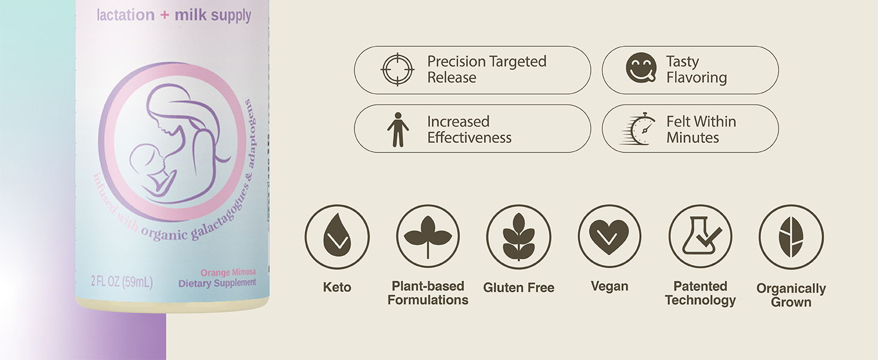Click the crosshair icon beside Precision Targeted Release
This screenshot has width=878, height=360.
point(397,70)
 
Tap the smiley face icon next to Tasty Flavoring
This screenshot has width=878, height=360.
point(641,68)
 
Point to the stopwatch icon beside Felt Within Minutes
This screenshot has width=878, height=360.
point(640,128)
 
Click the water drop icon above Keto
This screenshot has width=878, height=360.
point(336,236)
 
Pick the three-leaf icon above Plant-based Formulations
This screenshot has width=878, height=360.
point(428,236)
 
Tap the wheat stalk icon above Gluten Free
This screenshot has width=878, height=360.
point(518,236)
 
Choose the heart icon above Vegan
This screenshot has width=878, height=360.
point(609,236)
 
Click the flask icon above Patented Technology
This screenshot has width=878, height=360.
point(700,236)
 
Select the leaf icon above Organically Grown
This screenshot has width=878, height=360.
point(791,236)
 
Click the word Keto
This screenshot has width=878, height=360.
point(337,287)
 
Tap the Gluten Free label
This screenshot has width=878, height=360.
point(519,288)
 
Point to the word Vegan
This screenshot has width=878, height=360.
point(609,287)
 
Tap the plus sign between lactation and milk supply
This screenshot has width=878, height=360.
point(164,16)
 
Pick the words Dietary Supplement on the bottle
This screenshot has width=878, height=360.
point(217,283)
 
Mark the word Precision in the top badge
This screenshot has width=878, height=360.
point(456,61)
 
